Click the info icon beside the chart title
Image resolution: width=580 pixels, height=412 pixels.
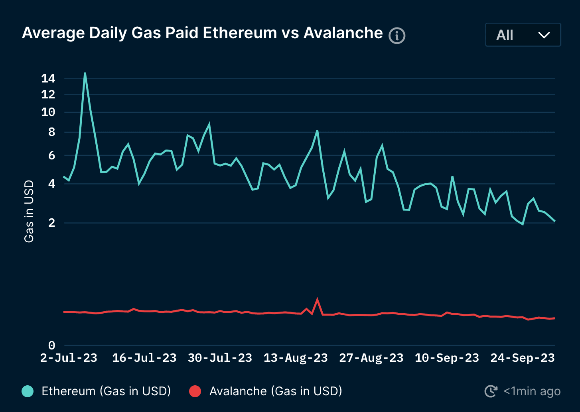[x=397, y=36]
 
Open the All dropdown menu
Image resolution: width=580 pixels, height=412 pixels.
[x=523, y=35]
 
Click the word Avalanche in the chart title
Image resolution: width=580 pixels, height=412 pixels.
[x=343, y=33]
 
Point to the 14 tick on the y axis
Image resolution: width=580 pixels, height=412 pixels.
[x=48, y=78]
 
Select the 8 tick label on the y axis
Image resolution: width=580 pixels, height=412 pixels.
[x=51, y=132]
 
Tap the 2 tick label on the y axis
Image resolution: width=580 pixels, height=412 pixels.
[x=51, y=223]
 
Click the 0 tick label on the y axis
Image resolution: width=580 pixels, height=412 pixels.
[x=51, y=345]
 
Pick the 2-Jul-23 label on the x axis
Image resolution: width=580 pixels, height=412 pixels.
[x=69, y=358]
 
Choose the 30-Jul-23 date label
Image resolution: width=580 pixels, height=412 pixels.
[x=220, y=358]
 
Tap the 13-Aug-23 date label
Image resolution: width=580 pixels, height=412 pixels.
[x=296, y=358]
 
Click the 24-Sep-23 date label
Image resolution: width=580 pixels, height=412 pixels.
[x=523, y=358]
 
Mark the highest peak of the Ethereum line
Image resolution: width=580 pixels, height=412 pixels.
[x=85, y=73]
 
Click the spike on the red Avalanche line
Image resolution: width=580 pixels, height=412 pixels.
[x=318, y=299]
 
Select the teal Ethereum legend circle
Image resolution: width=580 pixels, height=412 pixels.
[x=28, y=391]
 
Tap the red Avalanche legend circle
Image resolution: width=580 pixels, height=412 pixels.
[x=195, y=391]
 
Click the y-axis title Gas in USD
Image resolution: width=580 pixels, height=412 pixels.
[x=29, y=211]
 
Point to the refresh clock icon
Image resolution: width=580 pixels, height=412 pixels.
[x=491, y=391]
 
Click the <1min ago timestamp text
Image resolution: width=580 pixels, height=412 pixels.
[x=532, y=391]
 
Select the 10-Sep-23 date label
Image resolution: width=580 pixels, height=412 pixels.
[x=447, y=358]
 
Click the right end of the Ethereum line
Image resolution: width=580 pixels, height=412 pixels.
[x=554, y=221]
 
